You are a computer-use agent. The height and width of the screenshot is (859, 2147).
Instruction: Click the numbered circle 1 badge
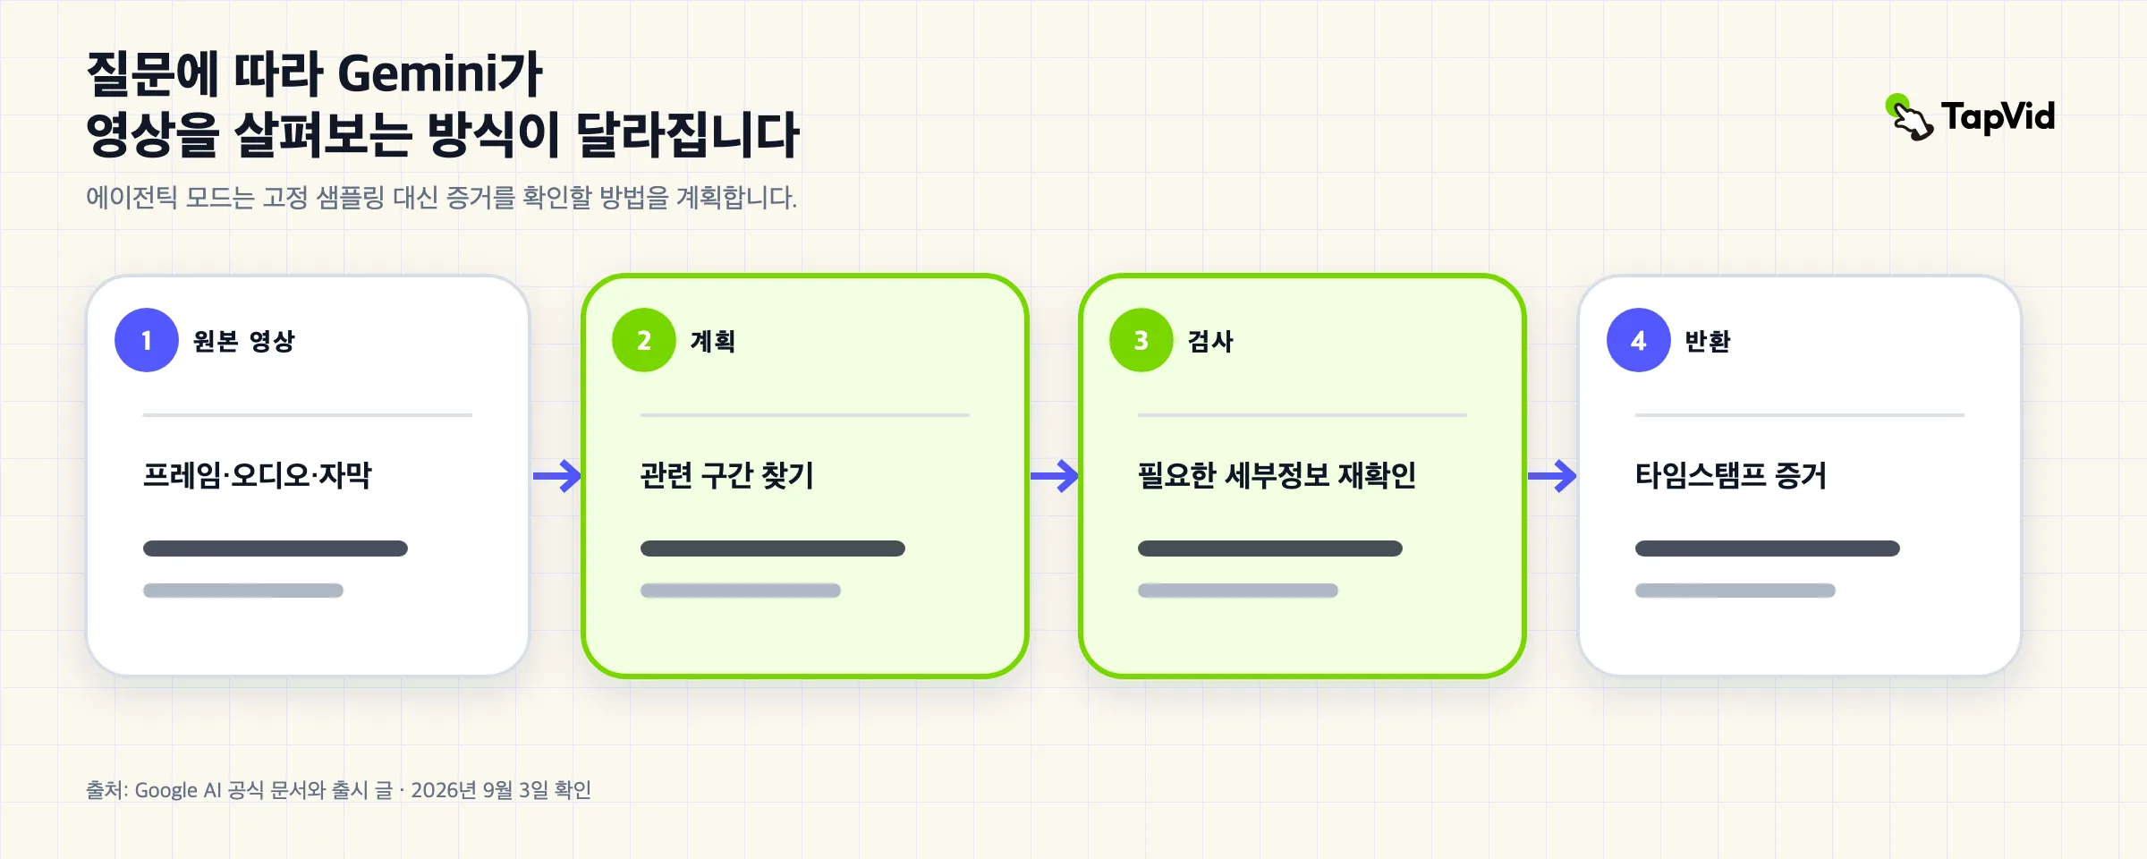[x=147, y=340]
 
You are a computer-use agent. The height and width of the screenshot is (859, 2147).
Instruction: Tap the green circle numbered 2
[x=644, y=340]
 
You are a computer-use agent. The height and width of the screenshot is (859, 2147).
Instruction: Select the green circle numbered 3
[x=1141, y=340]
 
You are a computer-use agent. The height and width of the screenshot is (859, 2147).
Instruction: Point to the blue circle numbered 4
[x=1639, y=340]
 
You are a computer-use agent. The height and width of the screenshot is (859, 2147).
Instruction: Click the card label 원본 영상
[x=244, y=341]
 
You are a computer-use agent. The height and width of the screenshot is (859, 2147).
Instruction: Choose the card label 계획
[x=713, y=341]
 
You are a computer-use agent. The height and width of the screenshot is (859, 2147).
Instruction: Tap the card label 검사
[x=1210, y=341]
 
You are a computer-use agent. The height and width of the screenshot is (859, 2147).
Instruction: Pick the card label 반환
[x=1708, y=341]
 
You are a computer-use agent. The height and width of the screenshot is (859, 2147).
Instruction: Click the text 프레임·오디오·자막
[x=258, y=475]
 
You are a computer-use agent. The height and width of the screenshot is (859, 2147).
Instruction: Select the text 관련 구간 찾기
[x=727, y=475]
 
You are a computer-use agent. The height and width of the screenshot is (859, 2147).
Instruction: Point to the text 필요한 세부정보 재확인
[x=1277, y=475]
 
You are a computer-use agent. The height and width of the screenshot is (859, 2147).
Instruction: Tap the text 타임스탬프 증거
[x=1731, y=475]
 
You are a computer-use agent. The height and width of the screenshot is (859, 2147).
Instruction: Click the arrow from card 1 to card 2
[x=557, y=476]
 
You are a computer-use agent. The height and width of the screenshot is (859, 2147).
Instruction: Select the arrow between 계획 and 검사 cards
[x=1055, y=476]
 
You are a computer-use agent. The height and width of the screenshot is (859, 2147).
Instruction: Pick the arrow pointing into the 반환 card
[x=1552, y=476]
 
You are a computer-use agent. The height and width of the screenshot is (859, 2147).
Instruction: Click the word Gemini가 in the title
[x=440, y=73]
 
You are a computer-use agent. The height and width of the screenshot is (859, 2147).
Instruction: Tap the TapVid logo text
[x=1998, y=117]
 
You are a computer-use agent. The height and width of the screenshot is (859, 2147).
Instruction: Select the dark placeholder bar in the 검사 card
[x=1270, y=549]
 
